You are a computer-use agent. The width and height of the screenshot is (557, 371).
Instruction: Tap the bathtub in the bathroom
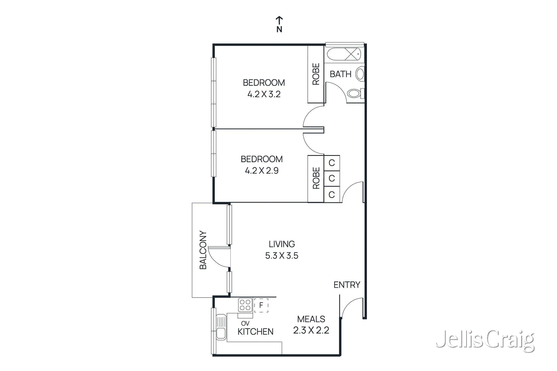(344, 55)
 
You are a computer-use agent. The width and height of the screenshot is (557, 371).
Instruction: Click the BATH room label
(340, 74)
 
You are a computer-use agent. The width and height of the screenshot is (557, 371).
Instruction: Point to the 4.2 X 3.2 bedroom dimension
(264, 94)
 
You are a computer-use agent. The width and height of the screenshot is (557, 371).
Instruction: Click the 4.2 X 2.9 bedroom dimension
(261, 171)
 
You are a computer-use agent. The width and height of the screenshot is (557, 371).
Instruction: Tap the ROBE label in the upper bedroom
(316, 74)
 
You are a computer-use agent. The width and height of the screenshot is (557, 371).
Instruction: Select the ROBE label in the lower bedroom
(316, 178)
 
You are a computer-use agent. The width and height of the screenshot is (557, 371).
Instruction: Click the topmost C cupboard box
(332, 163)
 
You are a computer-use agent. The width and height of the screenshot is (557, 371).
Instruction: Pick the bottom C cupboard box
(332, 195)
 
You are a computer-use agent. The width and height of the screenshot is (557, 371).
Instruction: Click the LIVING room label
(282, 244)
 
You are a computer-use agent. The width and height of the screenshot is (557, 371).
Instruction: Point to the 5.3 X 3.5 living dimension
(282, 256)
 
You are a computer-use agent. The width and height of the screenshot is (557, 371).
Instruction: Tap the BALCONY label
(203, 250)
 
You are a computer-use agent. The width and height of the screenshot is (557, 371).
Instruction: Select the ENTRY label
(347, 285)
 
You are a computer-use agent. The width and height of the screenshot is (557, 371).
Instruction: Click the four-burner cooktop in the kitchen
(245, 305)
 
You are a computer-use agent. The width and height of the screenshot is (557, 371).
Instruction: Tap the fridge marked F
(261, 305)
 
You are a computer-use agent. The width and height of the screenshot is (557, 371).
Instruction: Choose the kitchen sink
(221, 327)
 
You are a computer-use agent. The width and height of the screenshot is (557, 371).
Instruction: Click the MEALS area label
(311, 319)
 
